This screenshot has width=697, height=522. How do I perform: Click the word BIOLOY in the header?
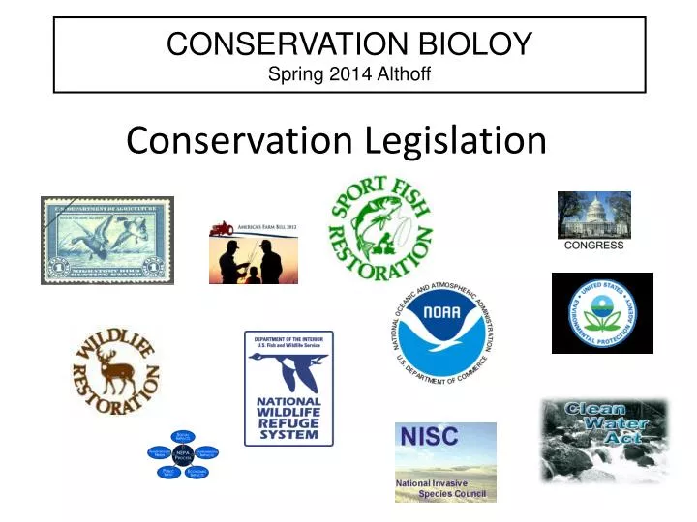tap(473, 43)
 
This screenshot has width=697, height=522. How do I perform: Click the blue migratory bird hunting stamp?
tap(107, 241)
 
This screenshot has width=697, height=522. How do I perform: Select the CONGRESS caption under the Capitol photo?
tap(593, 246)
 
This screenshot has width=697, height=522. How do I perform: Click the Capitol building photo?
tap(593, 215)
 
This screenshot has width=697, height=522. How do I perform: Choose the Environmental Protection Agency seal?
tap(602, 312)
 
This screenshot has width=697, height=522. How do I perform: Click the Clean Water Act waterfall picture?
tap(604, 441)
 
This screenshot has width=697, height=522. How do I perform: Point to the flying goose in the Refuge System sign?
tap(286, 371)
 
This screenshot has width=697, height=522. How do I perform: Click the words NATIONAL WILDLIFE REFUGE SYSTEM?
tap(288, 418)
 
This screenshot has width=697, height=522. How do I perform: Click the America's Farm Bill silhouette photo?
tap(254, 257)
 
